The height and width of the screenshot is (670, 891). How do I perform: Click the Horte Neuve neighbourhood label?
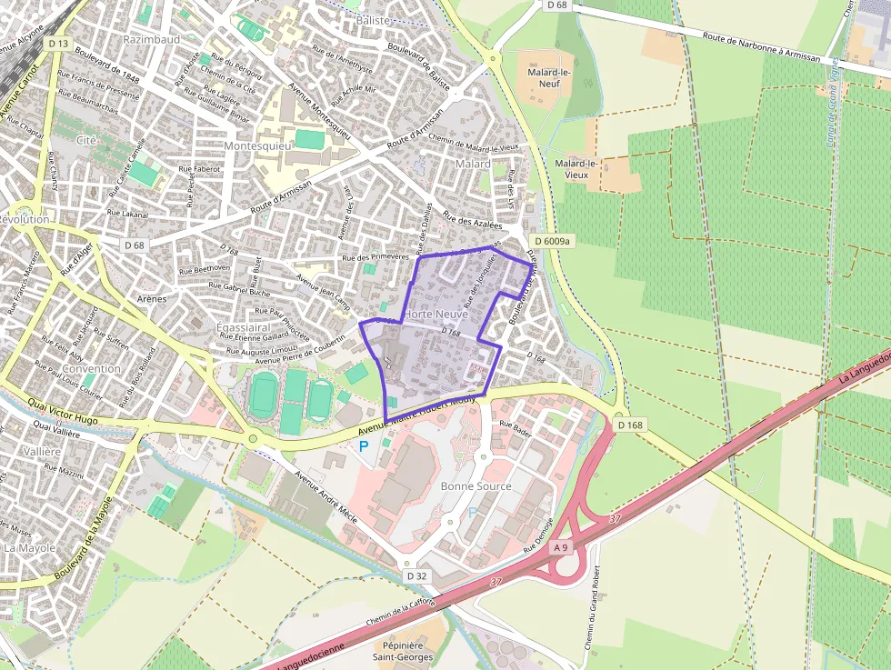click(x=435, y=314)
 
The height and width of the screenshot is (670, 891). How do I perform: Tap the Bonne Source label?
click(x=476, y=486)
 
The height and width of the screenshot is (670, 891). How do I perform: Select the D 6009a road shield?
click(x=552, y=241)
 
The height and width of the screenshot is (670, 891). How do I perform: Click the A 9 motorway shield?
click(x=560, y=547)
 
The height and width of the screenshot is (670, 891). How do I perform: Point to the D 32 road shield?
click(x=416, y=576)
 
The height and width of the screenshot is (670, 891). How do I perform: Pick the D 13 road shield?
click(x=59, y=43)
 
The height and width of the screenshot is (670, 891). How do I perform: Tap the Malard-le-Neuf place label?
click(x=544, y=77)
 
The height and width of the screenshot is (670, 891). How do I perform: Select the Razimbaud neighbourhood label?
click(x=152, y=40)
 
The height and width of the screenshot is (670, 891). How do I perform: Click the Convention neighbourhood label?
click(x=92, y=368)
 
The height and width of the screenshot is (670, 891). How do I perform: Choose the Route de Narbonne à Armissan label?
click(x=762, y=46)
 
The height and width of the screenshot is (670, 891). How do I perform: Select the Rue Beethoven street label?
click(x=204, y=268)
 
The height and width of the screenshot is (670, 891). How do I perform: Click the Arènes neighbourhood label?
click(x=151, y=298)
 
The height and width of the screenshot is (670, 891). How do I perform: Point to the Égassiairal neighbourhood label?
click(x=243, y=326)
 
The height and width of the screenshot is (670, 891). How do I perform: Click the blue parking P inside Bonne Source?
click(x=472, y=513)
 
